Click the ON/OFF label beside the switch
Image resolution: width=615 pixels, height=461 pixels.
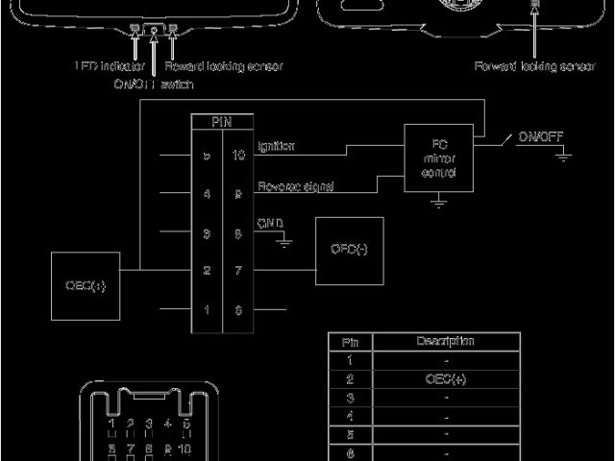540,137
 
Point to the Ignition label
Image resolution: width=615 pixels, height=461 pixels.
276,146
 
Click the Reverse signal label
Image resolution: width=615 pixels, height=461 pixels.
295,187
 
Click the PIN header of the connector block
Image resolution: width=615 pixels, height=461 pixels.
221,123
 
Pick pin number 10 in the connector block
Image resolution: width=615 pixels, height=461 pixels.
237,156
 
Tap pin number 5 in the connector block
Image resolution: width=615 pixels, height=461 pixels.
206,156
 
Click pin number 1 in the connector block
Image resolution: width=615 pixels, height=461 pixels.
206,311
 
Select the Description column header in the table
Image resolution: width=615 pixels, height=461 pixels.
445,342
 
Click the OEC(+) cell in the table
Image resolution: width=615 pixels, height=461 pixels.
445,378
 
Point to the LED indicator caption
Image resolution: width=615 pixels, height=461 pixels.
109,67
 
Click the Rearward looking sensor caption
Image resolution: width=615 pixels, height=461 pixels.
224,67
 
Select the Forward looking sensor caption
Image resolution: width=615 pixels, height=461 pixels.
534,67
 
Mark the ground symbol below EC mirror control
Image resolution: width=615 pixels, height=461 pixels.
439,203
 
